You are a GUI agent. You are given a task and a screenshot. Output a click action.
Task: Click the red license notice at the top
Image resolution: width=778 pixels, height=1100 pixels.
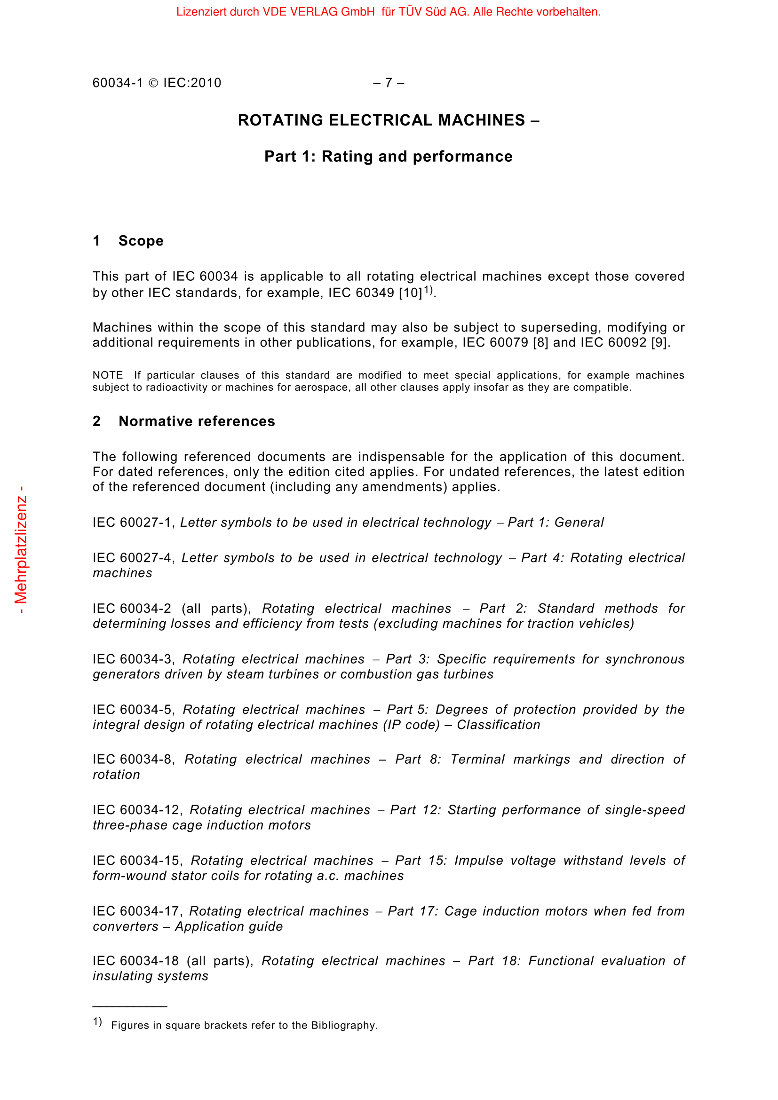388,12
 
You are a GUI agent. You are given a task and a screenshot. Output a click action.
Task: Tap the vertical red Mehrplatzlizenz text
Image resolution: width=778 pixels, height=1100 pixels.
21,550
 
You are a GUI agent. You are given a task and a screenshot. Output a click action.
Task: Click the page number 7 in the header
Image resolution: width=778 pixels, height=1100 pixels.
389,83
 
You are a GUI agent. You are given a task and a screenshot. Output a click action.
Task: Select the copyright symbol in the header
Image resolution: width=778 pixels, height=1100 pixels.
153,83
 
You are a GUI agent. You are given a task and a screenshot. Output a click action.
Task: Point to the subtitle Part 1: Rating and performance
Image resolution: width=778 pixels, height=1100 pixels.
388,157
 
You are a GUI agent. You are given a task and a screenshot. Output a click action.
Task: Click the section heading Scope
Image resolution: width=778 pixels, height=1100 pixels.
141,241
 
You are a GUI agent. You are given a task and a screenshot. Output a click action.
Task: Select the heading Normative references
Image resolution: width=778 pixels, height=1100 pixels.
197,421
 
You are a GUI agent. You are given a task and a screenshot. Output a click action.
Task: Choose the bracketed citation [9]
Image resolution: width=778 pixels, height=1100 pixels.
659,342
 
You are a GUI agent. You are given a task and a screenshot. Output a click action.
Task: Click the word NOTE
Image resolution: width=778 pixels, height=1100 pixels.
108,375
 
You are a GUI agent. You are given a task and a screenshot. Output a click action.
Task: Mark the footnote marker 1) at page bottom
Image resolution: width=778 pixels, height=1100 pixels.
97,1022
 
